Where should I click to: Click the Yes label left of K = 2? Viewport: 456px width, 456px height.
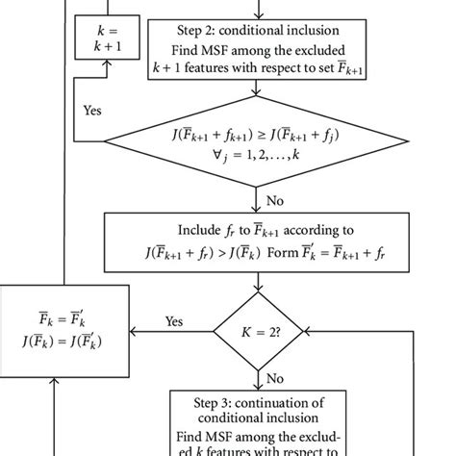pyautogui.click(x=173, y=321)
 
